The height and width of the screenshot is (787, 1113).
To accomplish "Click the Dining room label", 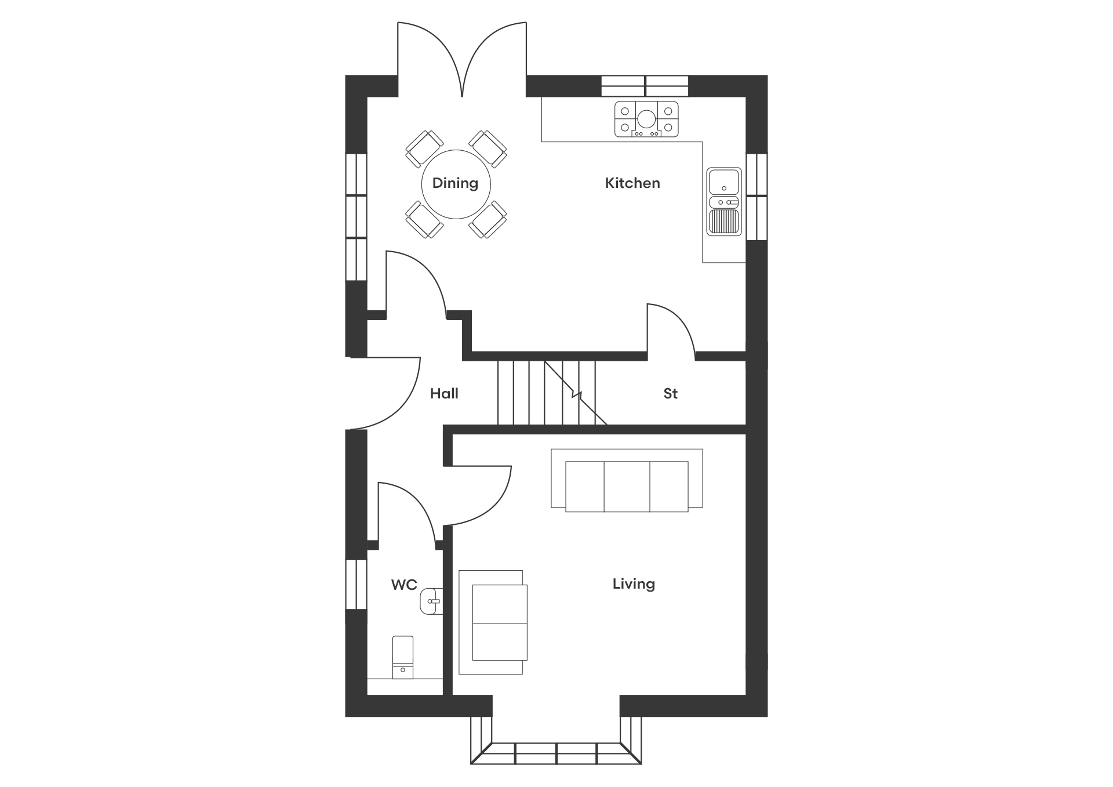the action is point(455,184).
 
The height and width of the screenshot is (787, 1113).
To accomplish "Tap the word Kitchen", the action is point(632,183).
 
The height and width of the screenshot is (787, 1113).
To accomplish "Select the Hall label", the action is point(444,394).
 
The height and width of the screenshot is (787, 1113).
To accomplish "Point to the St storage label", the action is point(671,394).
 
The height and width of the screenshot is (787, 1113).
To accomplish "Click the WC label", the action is point(404,585).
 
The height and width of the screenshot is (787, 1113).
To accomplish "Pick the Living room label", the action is point(634,584).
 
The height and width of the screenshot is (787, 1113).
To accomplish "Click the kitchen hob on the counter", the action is point(646,119).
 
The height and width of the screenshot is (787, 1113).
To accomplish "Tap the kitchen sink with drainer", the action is point(724,201).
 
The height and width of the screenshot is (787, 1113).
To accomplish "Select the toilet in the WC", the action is point(403,657).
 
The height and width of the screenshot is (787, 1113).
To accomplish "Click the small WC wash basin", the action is point(431,601).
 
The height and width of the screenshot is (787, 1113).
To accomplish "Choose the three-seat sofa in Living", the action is point(627,480).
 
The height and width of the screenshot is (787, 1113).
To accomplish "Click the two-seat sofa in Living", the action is point(493,622).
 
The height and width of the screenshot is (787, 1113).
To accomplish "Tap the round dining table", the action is point(456,184).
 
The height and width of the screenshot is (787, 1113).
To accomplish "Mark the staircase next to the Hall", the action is point(547,393).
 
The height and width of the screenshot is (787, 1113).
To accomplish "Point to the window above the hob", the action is point(645,86).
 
